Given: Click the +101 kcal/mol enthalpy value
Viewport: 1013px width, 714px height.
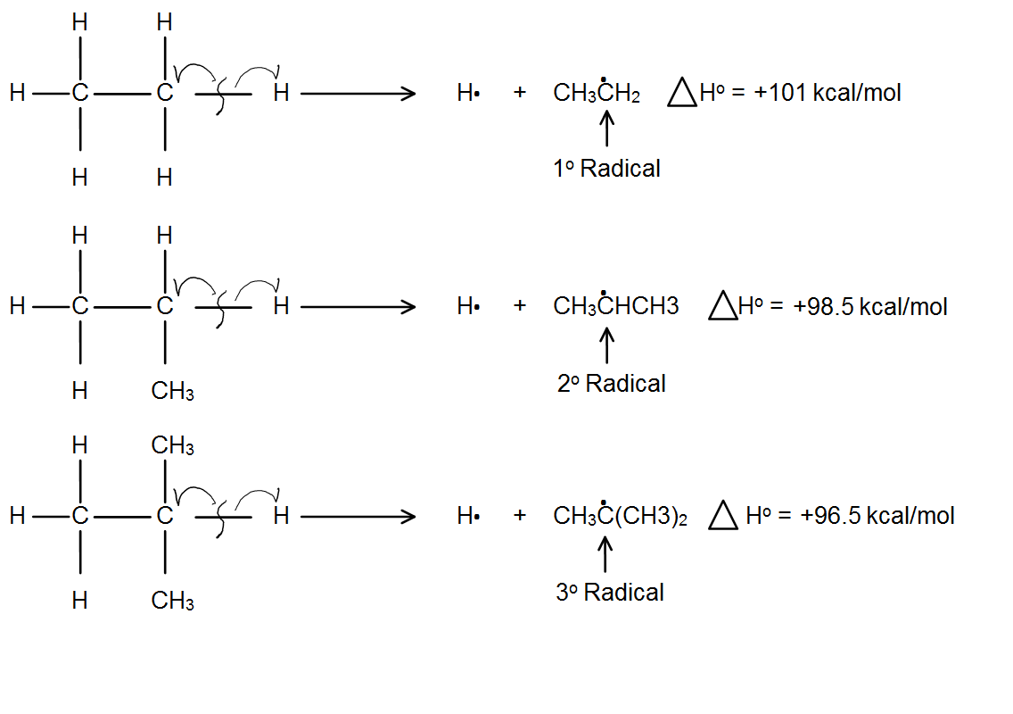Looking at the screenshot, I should click(828, 93).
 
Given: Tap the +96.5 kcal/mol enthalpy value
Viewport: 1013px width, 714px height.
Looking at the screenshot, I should click(877, 516).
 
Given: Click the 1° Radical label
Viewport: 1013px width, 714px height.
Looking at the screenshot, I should click(607, 168).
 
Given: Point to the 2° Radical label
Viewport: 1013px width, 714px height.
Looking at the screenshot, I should click(612, 384).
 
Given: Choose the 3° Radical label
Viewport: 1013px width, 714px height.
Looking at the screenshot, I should click(610, 593).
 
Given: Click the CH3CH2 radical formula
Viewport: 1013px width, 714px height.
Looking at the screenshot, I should click(597, 93).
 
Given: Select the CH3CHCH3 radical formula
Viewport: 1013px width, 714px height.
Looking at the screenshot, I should click(616, 307).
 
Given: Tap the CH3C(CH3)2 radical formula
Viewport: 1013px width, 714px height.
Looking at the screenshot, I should click(620, 516).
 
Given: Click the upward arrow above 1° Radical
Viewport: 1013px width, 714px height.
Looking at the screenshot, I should click(607, 128).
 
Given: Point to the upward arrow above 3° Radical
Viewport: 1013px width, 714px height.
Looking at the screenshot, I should click(606, 552).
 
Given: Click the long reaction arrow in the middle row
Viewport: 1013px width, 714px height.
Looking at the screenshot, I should click(358, 307).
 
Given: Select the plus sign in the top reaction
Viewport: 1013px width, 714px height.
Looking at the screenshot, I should click(520, 92).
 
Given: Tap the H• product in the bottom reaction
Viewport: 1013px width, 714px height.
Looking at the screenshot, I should click(468, 516).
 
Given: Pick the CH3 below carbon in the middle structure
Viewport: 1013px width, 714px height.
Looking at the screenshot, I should click(173, 391).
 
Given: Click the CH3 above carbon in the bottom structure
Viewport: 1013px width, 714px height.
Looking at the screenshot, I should click(173, 445).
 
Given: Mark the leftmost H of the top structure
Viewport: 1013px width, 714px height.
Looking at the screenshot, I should click(18, 92).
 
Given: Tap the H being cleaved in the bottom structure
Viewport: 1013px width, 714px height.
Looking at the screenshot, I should click(281, 516).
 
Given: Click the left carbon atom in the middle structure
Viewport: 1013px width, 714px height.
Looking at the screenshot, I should click(80, 307).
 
